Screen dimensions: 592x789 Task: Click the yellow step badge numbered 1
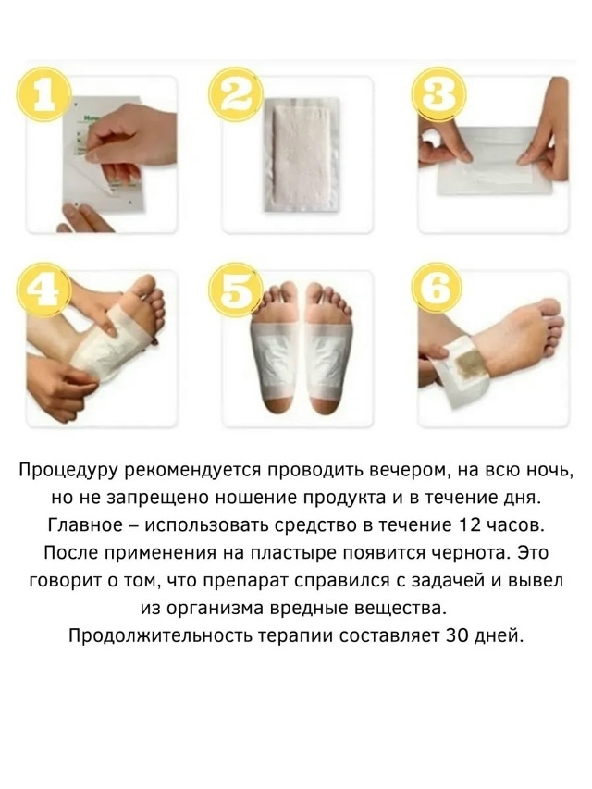pyautogui.click(x=43, y=95)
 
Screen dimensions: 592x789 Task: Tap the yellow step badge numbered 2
pyautogui.click(x=237, y=95)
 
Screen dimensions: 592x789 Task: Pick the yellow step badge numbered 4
pyautogui.click(x=43, y=290)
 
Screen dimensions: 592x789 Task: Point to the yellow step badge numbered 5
pyautogui.click(x=237, y=290)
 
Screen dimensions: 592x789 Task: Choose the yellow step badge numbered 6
pyautogui.click(x=437, y=290)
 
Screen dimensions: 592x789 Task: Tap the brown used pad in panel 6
pyautogui.click(x=469, y=364)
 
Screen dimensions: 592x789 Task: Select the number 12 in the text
pyautogui.click(x=470, y=525)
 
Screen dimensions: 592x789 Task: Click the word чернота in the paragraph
pyautogui.click(x=469, y=553)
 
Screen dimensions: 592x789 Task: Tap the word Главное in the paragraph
pyautogui.click(x=84, y=525)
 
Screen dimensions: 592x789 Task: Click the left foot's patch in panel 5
pyautogui.click(x=274, y=356)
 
